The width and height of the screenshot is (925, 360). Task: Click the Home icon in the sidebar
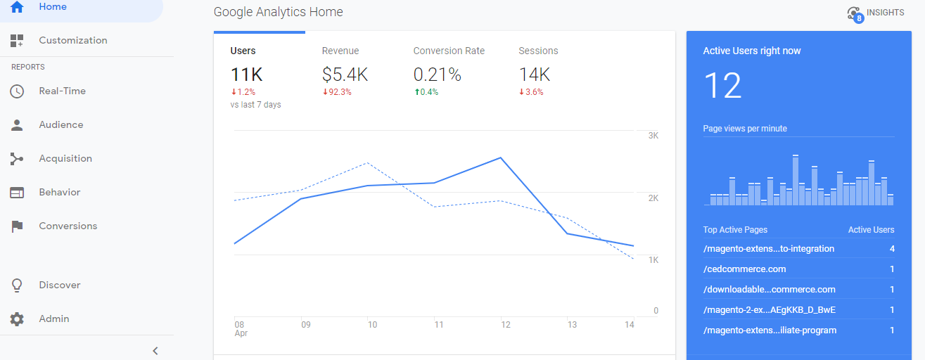(17, 6)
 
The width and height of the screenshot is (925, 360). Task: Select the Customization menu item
(73, 41)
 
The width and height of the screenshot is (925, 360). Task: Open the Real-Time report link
(63, 91)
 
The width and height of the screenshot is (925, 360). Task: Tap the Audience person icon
(17, 124)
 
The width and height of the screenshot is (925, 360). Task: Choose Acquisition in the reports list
(65, 158)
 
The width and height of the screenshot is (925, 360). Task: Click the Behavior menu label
(60, 193)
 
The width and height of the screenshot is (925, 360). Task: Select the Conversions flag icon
(17, 226)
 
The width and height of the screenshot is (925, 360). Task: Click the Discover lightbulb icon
(17, 285)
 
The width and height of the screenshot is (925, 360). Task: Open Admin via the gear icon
(17, 319)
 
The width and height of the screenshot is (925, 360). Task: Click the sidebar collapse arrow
(155, 351)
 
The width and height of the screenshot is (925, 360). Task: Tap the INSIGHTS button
(876, 13)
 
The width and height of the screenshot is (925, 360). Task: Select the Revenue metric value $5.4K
(345, 75)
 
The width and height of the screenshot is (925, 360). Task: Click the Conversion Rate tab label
(449, 51)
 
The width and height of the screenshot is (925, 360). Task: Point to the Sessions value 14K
(535, 75)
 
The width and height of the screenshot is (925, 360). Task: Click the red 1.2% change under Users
(243, 92)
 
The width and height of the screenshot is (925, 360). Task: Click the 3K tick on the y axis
(653, 136)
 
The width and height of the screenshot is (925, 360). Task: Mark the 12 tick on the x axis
(506, 325)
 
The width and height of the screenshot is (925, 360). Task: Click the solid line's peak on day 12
(501, 157)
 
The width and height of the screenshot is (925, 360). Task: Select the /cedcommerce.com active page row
(798, 269)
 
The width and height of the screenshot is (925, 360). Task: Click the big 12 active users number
(722, 86)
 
